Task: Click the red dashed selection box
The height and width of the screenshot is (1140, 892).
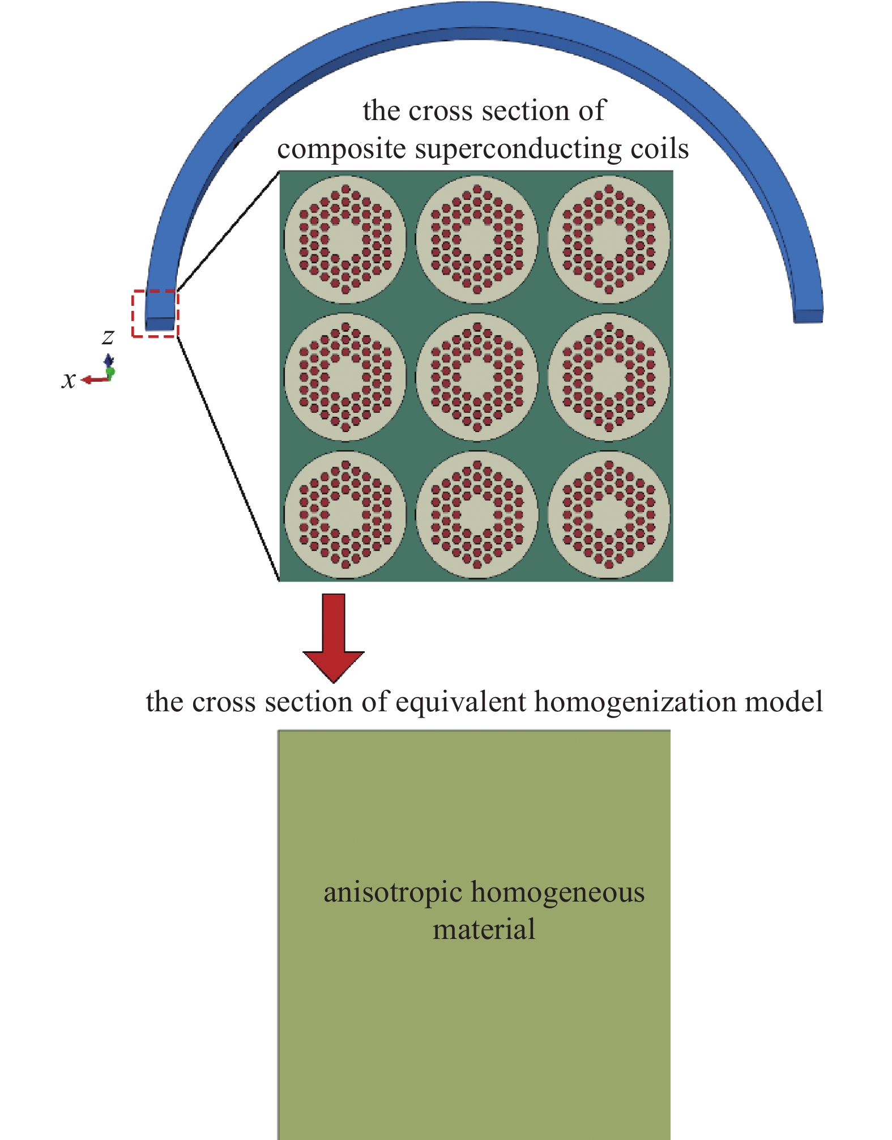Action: pos(155,292)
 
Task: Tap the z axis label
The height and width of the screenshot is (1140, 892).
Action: pos(108,336)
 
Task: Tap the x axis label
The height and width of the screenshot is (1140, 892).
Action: pos(69,379)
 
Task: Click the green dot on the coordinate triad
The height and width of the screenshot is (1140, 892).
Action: pos(110,372)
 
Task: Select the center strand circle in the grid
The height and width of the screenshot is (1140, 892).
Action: pos(477,377)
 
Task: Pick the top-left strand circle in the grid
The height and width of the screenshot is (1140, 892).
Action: pos(345,240)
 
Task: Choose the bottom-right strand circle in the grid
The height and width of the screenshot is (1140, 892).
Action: pos(609,515)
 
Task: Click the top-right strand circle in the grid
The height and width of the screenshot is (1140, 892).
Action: pos(609,240)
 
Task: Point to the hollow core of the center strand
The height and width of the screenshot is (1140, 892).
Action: pos(477,377)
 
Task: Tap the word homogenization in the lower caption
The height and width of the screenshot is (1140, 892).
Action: pos(634,702)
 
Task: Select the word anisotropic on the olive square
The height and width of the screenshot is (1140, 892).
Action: pos(392,893)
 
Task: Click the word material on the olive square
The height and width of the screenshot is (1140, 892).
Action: pos(484,930)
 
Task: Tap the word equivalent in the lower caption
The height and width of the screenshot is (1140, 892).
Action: pos(461,702)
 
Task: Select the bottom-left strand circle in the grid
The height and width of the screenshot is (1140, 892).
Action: pos(345,515)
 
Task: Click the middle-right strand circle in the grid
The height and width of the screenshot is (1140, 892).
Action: pos(609,377)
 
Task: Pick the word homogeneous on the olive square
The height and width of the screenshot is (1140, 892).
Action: pos(558,893)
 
